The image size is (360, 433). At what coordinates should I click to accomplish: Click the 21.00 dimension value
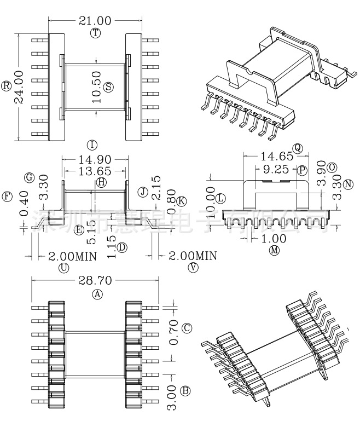96,21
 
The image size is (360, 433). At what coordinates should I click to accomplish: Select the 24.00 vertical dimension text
19,86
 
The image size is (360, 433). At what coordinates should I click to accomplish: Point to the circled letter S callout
108,86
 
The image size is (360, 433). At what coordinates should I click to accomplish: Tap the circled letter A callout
97,294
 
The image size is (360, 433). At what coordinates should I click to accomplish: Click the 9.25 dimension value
276,169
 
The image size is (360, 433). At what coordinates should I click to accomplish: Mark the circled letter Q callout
298,148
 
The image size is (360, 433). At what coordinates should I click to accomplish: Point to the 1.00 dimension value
274,238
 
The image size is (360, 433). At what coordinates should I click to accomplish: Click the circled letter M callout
274,250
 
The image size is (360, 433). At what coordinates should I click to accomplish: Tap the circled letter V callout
193,267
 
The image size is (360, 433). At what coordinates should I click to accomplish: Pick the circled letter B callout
185,391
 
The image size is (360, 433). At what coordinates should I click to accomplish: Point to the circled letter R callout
7,86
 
